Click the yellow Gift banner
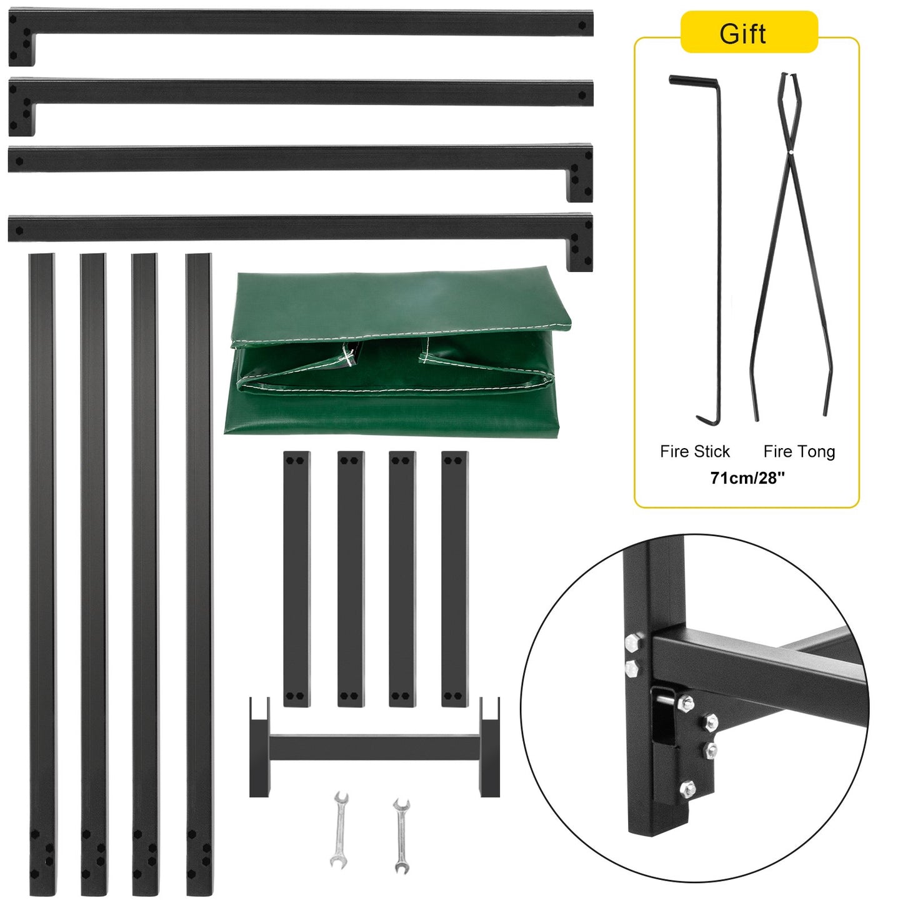tap(748, 32)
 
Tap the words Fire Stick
tap(694, 451)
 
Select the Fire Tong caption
tap(799, 451)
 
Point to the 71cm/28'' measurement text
tap(747, 478)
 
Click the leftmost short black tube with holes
tap(296, 578)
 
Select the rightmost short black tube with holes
tap(454, 578)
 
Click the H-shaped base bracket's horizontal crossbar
tap(374, 747)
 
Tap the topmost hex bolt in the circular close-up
tap(632, 642)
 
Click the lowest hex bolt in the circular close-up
tap(687, 789)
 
